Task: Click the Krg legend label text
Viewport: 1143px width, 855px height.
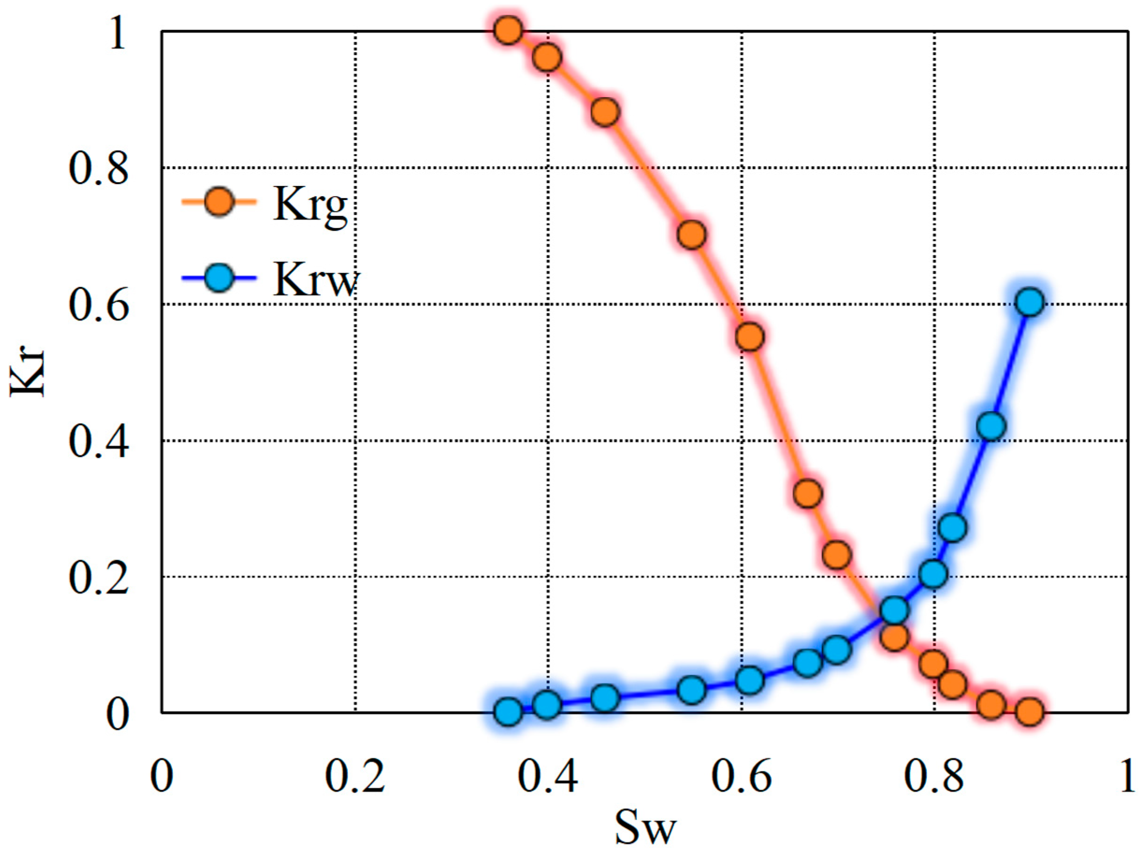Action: [310, 205]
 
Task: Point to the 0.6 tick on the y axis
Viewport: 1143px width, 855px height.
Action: [98, 305]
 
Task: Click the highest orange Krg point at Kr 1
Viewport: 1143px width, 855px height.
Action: [507, 30]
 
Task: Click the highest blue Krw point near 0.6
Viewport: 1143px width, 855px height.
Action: [1030, 302]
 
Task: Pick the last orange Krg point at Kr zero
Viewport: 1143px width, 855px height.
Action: [1029, 712]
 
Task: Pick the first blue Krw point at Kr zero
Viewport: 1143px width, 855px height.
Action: [507, 712]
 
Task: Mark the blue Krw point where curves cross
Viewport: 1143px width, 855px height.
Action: [895, 610]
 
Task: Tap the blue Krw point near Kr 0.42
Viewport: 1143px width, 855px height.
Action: [991, 427]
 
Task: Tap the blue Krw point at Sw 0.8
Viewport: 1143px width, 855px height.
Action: [933, 574]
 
